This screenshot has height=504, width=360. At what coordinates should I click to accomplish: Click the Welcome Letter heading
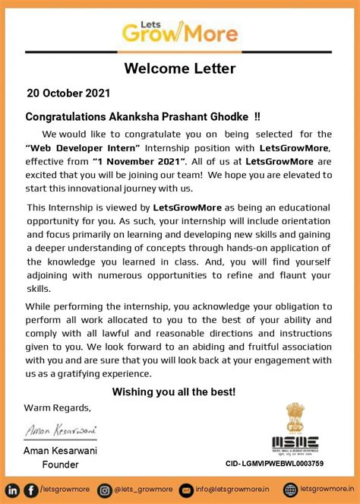[x=180, y=69]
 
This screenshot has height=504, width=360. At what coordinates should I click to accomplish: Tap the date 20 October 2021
[x=68, y=94]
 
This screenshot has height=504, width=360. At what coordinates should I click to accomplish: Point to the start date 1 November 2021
[x=139, y=161]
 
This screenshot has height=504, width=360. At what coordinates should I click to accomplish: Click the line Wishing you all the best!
[x=174, y=391]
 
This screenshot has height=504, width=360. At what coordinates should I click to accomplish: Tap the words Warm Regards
[x=57, y=407]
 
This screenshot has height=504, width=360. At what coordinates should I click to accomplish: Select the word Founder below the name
[x=60, y=464]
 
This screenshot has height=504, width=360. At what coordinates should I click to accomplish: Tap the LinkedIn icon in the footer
[x=13, y=490]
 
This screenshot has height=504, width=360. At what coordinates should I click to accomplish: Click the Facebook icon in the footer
[x=30, y=490]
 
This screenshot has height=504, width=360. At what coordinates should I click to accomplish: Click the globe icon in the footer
[x=290, y=490]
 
